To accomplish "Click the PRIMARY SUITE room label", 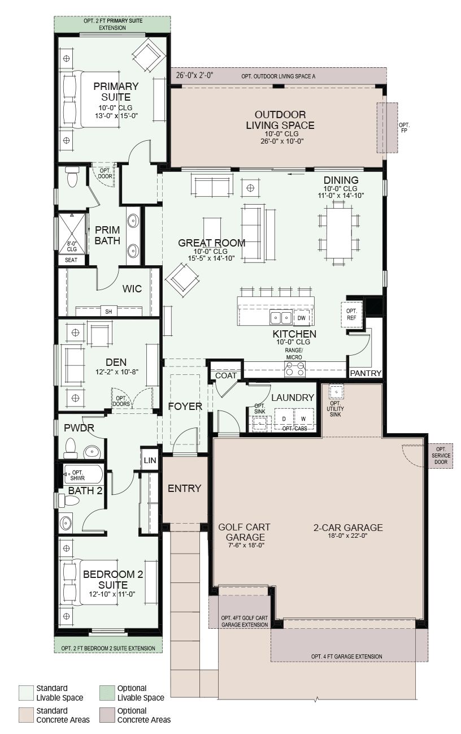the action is pos(116,92).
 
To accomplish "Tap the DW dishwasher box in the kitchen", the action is pos(302,318).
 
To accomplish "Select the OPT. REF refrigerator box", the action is pos(351,314).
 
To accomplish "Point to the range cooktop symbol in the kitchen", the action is pos(295,369).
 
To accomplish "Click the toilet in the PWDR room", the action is pos(70,448).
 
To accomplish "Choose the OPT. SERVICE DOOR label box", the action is pos(441,455).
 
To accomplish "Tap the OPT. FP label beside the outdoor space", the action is pos(404,128).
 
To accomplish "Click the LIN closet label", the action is pos(150,460).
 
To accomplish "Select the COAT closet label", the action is pos(225,375).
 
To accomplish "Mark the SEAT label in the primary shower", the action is pos(71,260).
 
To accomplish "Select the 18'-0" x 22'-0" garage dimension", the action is pos(347,536).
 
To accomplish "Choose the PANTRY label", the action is pos(366,373).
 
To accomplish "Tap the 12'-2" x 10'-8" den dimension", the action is pos(117,372).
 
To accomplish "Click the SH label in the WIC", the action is pos(108,311).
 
